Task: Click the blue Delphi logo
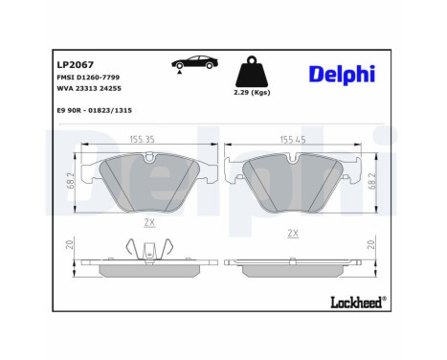pos(342,75)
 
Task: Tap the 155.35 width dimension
pos(142,139)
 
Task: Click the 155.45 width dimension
pos(293,139)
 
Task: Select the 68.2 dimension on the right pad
pos(372,179)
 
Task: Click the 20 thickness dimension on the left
pos(71,245)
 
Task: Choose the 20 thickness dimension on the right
pos(371,245)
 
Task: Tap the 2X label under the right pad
pos(293,232)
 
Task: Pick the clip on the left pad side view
pos(148,254)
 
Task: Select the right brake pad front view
pos(293,182)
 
